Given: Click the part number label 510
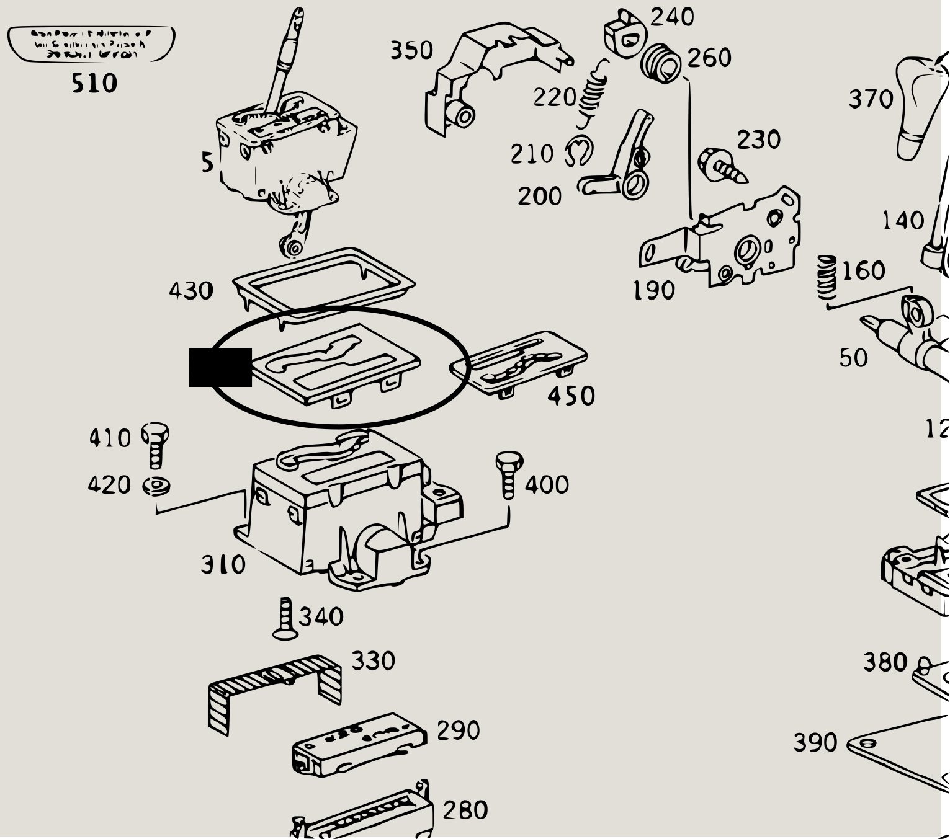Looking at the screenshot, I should pyautogui.click(x=94, y=82).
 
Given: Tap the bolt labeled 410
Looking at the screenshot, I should pyautogui.click(x=156, y=445).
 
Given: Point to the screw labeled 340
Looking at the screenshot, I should pyautogui.click(x=286, y=618).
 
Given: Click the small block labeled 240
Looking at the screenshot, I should pyautogui.click(x=623, y=35).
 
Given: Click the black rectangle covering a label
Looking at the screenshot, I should pyautogui.click(x=220, y=367).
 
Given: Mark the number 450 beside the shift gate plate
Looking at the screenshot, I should pyautogui.click(x=571, y=396).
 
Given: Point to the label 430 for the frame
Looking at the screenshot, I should pyautogui.click(x=191, y=291).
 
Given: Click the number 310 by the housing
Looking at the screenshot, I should pyautogui.click(x=223, y=565).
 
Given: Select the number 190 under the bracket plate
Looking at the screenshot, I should pyautogui.click(x=653, y=290).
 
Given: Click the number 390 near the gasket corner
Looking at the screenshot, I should pyautogui.click(x=815, y=742).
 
